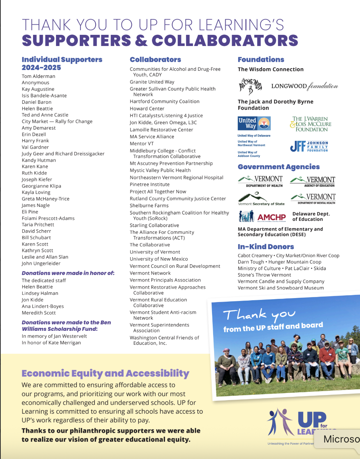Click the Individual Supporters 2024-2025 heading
(x=62, y=64)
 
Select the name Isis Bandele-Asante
(x=44, y=96)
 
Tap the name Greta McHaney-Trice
(x=46, y=199)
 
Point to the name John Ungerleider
(x=41, y=263)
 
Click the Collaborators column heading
(x=155, y=60)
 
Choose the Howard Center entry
(x=147, y=108)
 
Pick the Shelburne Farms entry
(x=149, y=205)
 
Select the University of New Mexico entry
(x=159, y=259)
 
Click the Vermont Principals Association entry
(x=165, y=280)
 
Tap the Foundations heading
(x=261, y=60)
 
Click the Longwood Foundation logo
(x=304, y=86)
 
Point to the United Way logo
(x=254, y=123)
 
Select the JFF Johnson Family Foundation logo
(x=309, y=147)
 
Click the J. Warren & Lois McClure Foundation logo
(x=310, y=124)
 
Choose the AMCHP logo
(x=262, y=217)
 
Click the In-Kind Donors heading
(x=266, y=247)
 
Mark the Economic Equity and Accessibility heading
(x=105, y=374)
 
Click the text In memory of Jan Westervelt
(x=54, y=336)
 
